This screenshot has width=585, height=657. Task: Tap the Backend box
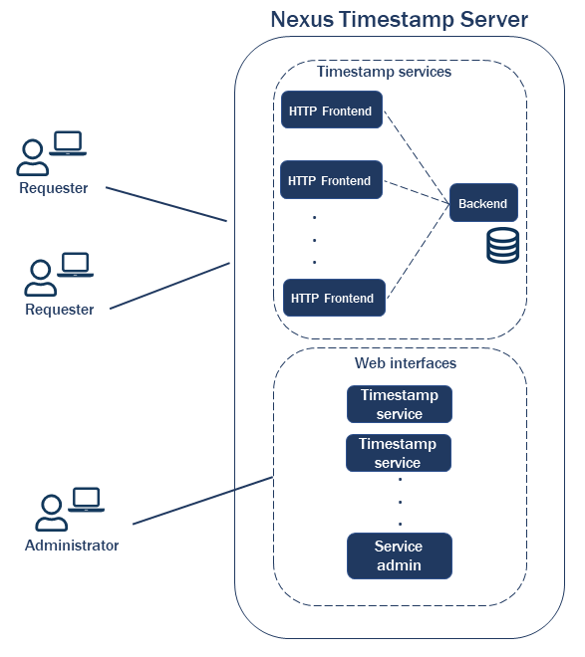483,203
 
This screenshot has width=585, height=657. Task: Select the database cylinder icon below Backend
502,245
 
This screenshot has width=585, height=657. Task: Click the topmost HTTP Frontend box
331,111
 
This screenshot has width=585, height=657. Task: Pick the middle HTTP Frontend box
330,180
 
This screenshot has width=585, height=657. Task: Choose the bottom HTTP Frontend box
333,298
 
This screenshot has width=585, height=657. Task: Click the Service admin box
399,555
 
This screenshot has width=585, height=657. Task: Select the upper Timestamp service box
399,404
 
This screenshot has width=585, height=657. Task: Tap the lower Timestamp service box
398,453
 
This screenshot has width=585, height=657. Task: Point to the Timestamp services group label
384,72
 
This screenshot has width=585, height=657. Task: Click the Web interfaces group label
406,363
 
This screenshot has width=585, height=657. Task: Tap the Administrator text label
72,546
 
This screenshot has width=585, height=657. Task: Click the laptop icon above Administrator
87,500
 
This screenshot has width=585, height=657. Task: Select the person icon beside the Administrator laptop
51,513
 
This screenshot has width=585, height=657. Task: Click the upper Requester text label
54,188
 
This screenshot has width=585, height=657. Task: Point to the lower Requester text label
60,310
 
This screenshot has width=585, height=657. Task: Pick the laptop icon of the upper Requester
68,143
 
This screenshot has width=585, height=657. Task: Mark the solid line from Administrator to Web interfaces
203,500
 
